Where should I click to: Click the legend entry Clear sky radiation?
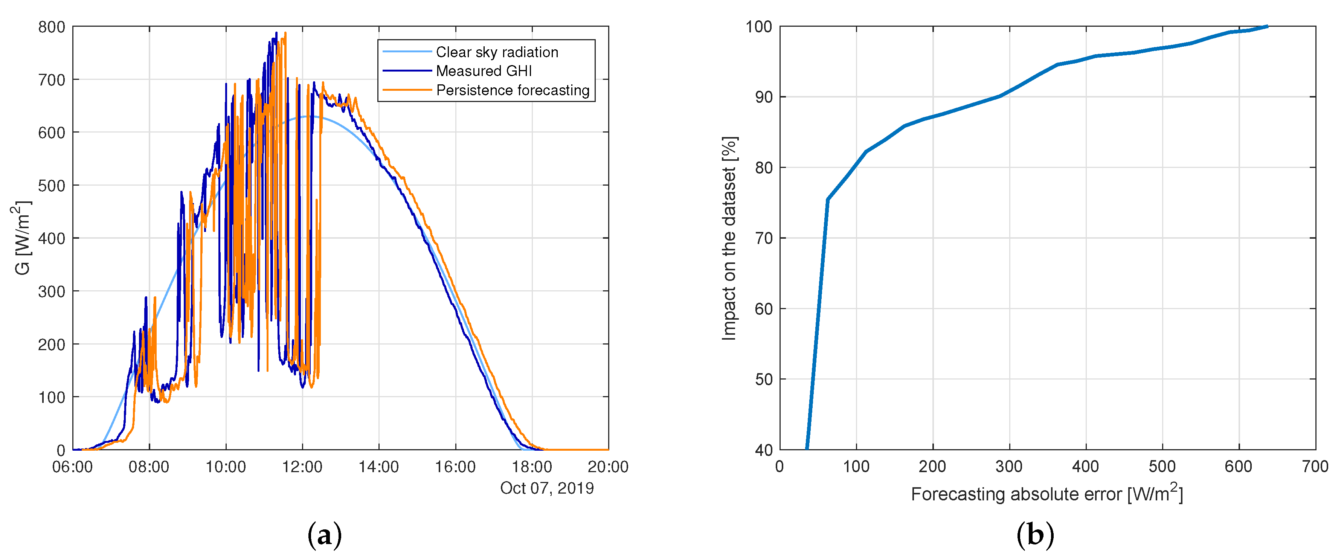[497, 52]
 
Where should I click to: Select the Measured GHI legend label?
[484, 71]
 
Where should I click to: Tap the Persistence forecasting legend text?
[513, 90]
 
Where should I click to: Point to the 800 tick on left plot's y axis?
[52, 27]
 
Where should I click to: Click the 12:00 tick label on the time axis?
[302, 466]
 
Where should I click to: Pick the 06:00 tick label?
[73, 466]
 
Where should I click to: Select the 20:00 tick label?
[608, 466]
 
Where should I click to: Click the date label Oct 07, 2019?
[547, 488]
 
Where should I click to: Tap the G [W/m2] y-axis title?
[22, 238]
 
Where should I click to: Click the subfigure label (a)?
[325, 535]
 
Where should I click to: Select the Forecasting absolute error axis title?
[1047, 493]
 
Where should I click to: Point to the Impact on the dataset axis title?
[729, 238]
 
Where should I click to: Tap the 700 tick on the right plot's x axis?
[1315, 466]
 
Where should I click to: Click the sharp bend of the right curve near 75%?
[827, 199]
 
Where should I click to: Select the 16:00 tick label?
[455, 466]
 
